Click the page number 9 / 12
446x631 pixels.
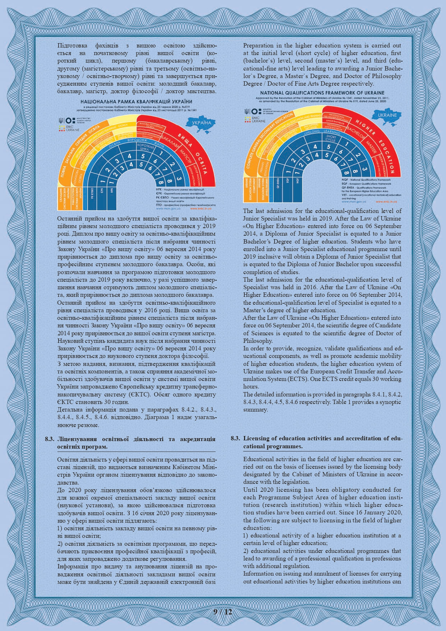[x=223, y=611]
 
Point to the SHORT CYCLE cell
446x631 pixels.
[x=331, y=139]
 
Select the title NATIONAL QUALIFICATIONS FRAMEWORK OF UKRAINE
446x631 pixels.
[x=322, y=93]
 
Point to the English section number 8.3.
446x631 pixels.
[x=235, y=438]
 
